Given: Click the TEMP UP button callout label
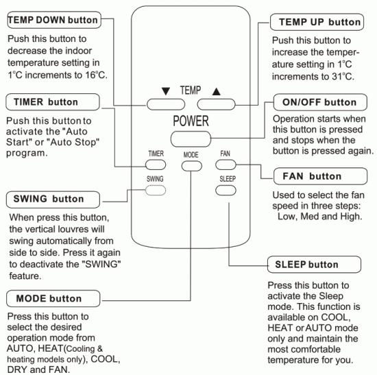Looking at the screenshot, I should coord(320,23).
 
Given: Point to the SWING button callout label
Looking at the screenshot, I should coord(47,199).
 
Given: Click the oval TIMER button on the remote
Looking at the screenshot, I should coord(156,165).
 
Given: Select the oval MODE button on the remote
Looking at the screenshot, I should coord(191,165).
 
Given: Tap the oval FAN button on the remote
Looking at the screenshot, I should coord(225,165).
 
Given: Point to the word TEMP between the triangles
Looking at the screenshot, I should coord(189,90).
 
